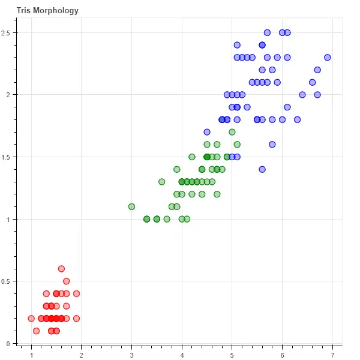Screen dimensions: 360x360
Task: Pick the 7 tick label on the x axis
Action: coord(332,353)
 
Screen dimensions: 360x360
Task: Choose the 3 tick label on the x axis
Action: coord(131,353)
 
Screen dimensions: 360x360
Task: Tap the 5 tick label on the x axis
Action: coord(232,353)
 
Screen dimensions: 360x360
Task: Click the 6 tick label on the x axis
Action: coord(282,353)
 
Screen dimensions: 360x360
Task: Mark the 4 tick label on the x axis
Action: coord(182,353)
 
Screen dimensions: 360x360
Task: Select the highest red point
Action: coord(61,269)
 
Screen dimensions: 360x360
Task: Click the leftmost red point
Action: coord(31,319)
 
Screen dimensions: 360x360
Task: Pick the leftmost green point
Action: coord(131,206)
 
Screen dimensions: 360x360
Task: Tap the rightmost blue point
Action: coord(327,58)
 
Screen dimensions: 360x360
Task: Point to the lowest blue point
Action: coord(262,169)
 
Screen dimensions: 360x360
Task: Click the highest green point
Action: coord(232,132)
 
